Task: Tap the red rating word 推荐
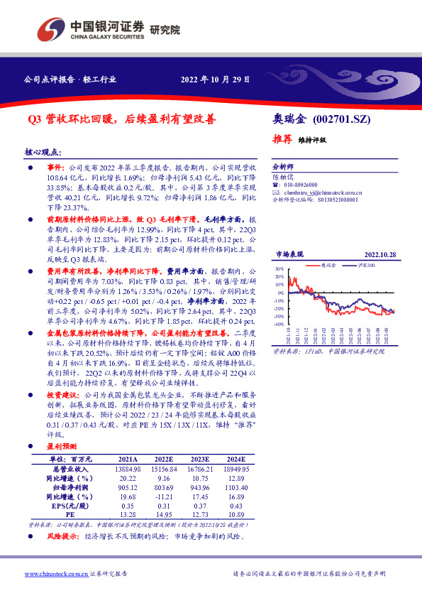tap(282, 139)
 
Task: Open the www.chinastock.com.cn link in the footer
tap(56, 572)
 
